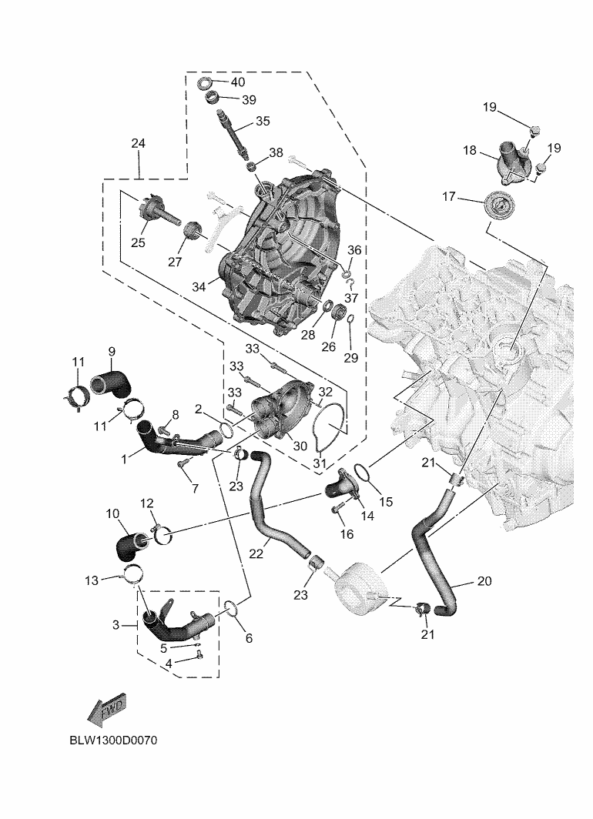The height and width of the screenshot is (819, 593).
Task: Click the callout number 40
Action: (x=237, y=82)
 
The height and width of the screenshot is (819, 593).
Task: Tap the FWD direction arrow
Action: (x=107, y=710)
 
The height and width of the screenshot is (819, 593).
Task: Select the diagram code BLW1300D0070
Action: (x=113, y=740)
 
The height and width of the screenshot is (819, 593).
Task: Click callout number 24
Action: (x=138, y=143)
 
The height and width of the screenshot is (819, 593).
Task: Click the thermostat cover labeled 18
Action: (x=514, y=162)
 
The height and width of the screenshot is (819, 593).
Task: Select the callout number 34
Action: (x=199, y=287)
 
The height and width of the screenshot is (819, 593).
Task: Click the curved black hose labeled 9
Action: (x=112, y=384)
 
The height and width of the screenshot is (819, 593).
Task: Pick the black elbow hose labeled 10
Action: (x=131, y=547)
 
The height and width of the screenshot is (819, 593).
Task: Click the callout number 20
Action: (x=484, y=581)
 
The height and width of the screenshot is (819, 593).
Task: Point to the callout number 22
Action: (x=256, y=554)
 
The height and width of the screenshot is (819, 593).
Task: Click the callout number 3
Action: (x=116, y=625)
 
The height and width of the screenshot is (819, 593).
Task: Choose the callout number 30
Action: (x=300, y=446)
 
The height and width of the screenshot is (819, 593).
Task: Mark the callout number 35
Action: (x=263, y=121)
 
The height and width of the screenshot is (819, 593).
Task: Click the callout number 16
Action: (x=347, y=534)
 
